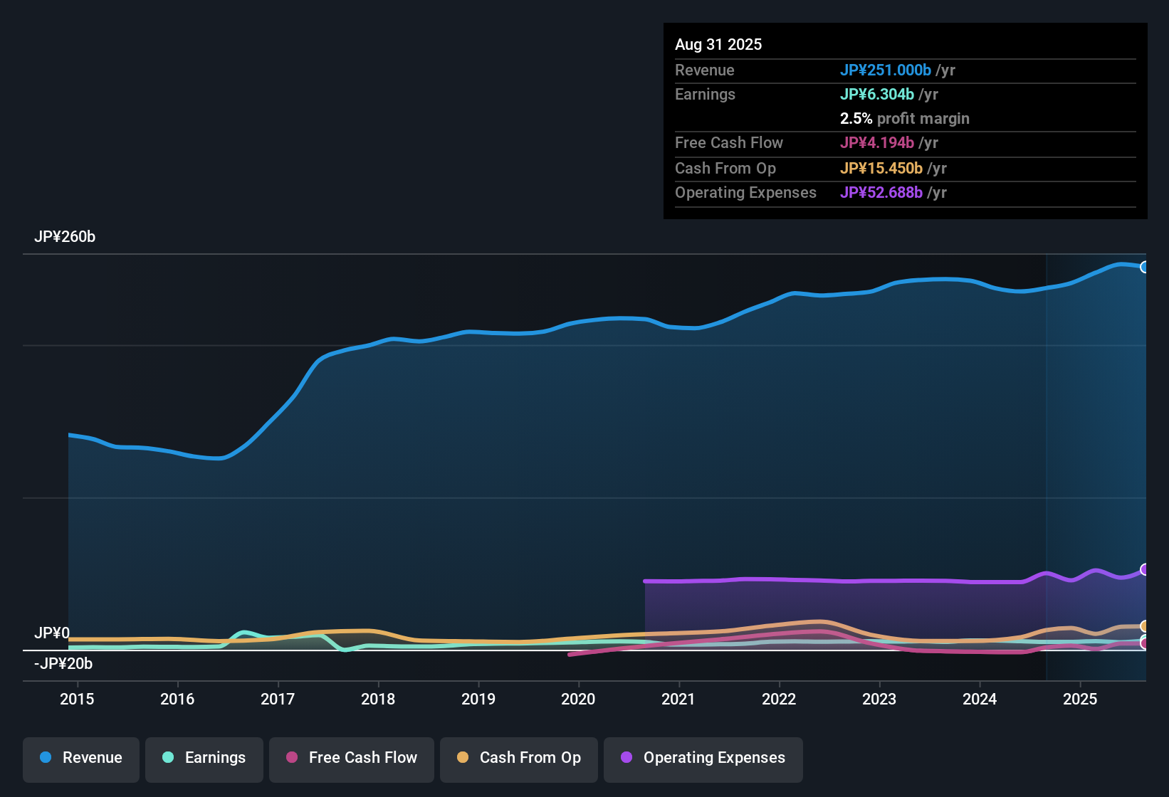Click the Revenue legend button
[81, 758]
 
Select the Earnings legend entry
[204, 758]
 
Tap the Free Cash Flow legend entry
[352, 758]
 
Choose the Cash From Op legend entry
[519, 758]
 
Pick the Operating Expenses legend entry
[703, 758]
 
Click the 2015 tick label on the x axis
[77, 700]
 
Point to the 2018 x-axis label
[378, 700]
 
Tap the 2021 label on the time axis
[678, 700]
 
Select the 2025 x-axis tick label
[1080, 700]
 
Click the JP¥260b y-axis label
[65, 237]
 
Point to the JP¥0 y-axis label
[52, 633]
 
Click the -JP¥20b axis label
[63, 664]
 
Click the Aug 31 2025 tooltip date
[718, 45]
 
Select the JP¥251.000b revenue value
[886, 70]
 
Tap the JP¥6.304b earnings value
[877, 95]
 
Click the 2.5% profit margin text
[904, 119]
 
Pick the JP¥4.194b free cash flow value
[877, 143]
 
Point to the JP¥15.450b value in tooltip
[881, 169]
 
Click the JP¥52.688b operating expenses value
[881, 193]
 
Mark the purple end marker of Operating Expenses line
[1145, 569]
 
